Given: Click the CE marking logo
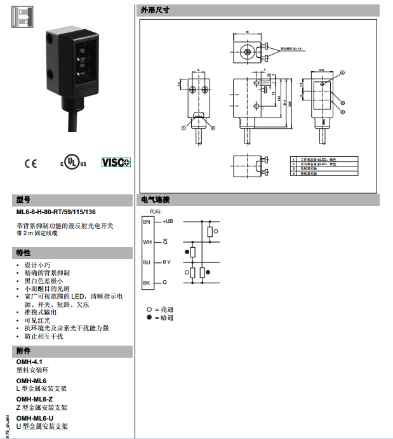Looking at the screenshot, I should pos(30,163).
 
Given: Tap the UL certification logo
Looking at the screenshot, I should pos(72,161).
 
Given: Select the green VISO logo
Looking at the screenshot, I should pos(116,162).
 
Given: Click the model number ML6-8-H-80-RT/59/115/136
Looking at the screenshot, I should pos(56,212).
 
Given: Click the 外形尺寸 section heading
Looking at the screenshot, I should pos(154,11).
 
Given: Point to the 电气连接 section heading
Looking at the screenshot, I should pos(154,199).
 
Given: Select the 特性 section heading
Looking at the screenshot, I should pos(23,252).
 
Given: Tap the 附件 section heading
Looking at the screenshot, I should pos(23,351).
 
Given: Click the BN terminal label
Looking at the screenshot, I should pos(147,222).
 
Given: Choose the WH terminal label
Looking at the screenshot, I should pos(147,242).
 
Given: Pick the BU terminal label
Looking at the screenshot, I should pos(147,262).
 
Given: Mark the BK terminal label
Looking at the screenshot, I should pos(147,282).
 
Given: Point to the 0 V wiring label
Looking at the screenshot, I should pos(166,262).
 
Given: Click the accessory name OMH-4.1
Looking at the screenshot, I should pos(29,361).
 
